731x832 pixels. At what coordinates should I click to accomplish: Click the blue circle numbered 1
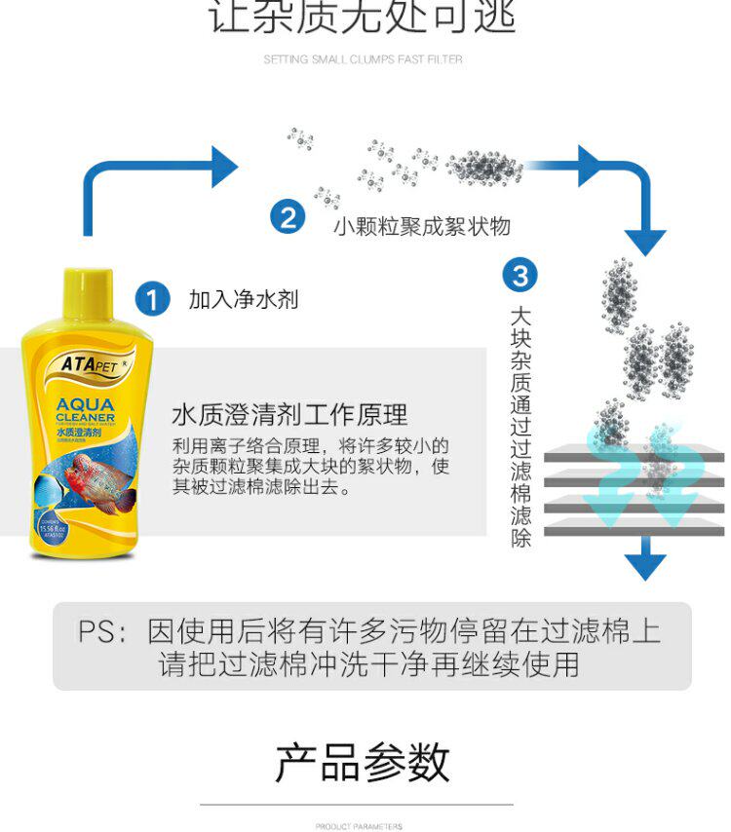click(x=151, y=298)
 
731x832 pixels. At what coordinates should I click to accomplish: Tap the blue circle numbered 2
click(x=287, y=216)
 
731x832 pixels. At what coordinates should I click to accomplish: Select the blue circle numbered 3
click(x=519, y=275)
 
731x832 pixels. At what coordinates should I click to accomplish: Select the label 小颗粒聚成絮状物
click(x=421, y=226)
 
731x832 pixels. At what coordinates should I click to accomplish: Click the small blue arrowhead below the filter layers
click(x=644, y=565)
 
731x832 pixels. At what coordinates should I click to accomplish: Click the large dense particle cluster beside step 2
click(x=484, y=168)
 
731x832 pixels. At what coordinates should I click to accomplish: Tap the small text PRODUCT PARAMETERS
click(x=358, y=826)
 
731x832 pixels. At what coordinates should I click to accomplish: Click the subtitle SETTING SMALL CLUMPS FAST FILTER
click(x=363, y=59)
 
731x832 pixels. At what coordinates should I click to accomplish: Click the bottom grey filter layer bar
click(x=634, y=531)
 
